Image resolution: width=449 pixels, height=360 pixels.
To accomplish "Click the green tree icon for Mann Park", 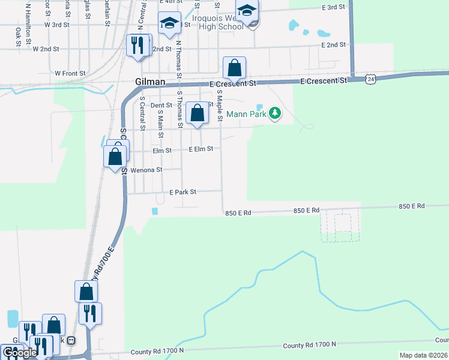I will (x=275, y=113).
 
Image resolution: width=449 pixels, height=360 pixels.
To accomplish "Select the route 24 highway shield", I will (x=372, y=79).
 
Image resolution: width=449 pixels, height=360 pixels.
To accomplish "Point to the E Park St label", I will (x=182, y=192).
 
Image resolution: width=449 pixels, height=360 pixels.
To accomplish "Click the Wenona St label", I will (x=146, y=170).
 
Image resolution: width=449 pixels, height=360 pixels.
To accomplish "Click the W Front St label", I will (x=70, y=73).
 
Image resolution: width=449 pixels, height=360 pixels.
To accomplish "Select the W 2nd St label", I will (x=46, y=49).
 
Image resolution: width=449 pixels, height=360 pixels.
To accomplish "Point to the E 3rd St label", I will (x=334, y=7).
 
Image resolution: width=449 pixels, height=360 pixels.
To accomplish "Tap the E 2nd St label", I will (x=334, y=45).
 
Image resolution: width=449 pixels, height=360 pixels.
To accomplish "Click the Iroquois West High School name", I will (x=217, y=22).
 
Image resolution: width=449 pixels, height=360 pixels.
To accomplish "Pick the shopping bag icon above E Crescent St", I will (x=234, y=67).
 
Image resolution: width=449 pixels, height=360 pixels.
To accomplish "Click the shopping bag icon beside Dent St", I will (x=197, y=112).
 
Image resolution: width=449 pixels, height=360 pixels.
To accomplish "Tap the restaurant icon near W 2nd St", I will (x=137, y=45).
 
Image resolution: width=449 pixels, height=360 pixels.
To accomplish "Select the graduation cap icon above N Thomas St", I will (x=169, y=23).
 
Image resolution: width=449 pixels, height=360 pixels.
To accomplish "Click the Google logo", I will (x=19, y=353).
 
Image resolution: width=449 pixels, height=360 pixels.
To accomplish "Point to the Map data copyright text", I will (x=423, y=355).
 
